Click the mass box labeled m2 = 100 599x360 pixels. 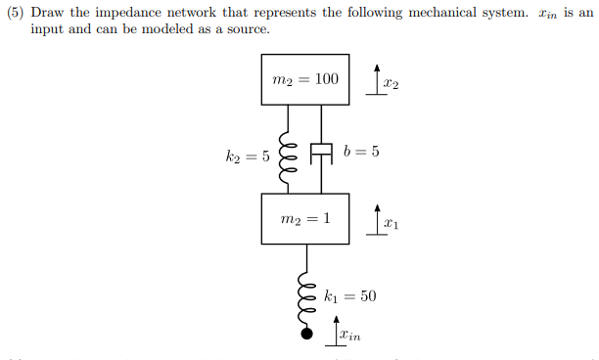[305, 79]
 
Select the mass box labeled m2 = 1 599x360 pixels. [305, 218]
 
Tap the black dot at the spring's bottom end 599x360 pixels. [307, 334]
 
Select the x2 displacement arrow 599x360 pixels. [376, 78]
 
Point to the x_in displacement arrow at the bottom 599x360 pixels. [336, 329]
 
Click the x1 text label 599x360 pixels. [391, 226]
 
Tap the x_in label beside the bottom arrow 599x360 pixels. [350, 337]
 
